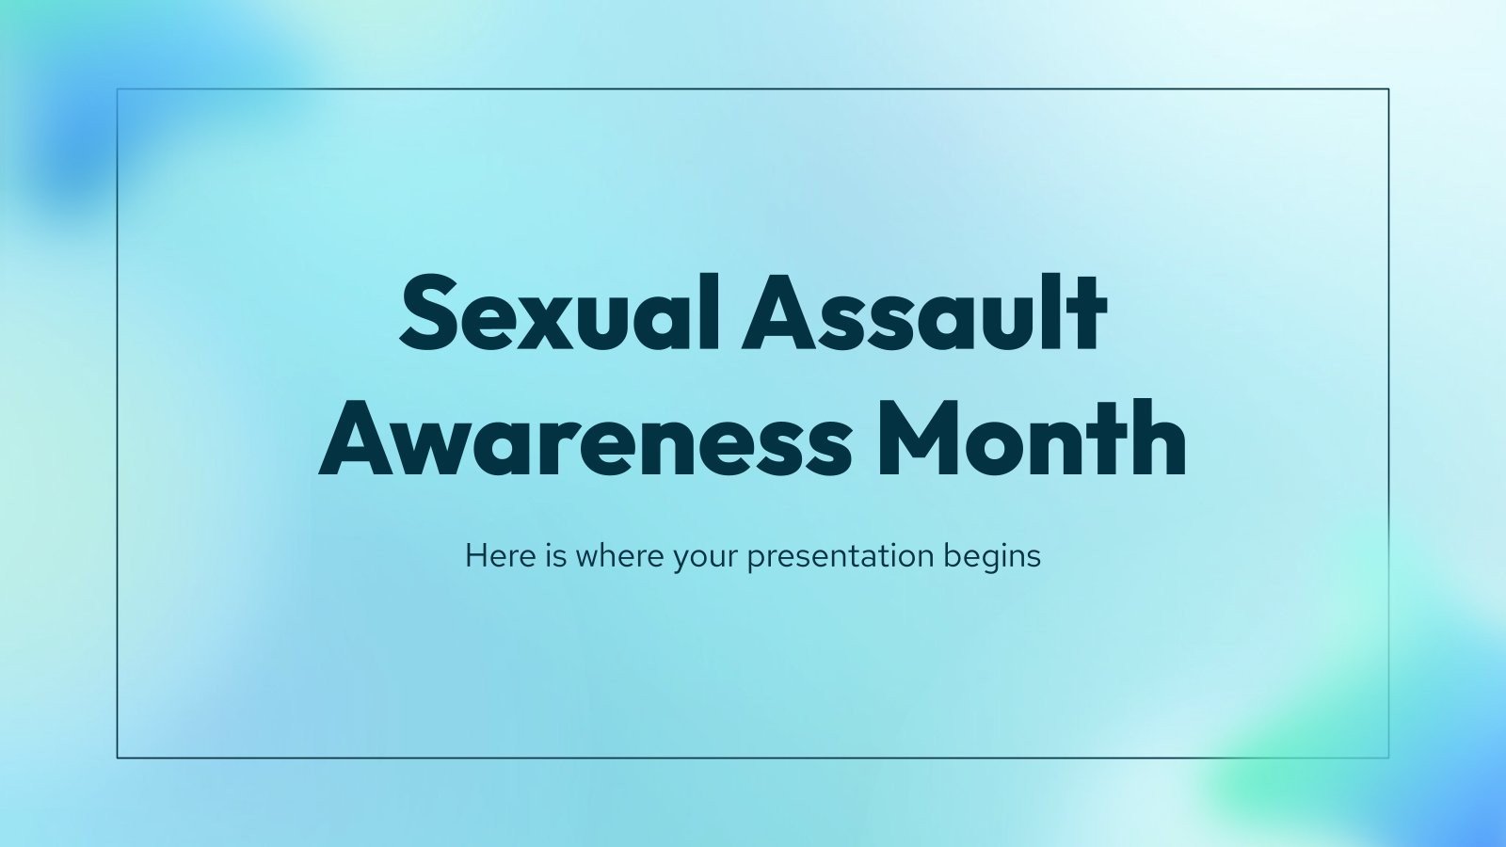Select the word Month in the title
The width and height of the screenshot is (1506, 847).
point(1031,439)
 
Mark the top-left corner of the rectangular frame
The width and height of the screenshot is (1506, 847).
point(118,89)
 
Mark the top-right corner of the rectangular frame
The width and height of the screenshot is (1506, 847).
point(1388,89)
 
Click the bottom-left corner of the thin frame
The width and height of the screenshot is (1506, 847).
point(118,757)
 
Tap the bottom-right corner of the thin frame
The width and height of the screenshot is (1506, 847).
point(1388,757)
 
